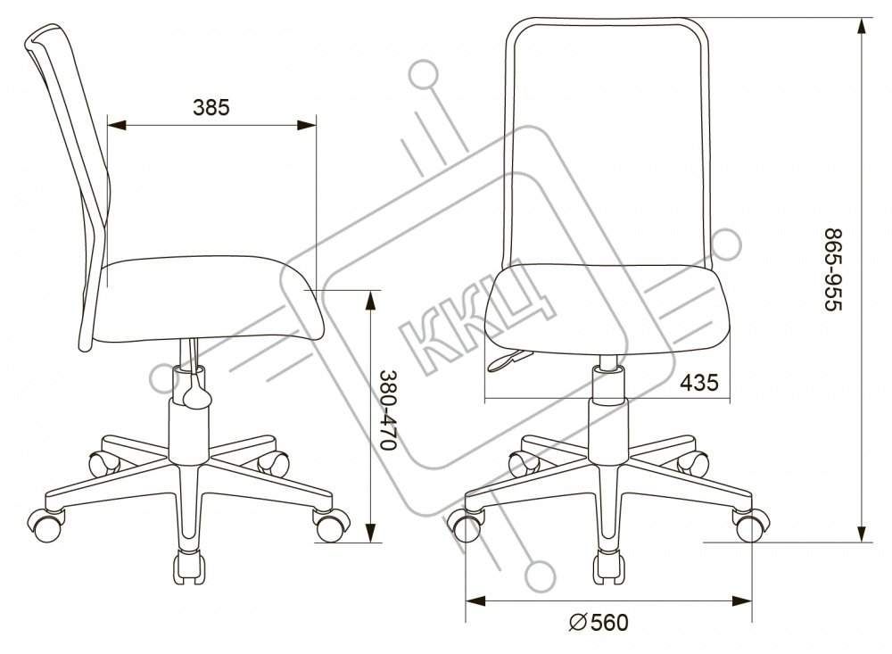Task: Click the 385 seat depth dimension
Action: [211, 108]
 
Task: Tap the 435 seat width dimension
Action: [699, 383]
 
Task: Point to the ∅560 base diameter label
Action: [599, 622]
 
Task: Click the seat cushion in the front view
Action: [607, 303]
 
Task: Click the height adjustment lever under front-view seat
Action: [508, 360]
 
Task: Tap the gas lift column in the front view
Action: [607, 402]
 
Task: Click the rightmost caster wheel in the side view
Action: [331, 525]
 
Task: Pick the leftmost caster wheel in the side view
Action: [46, 524]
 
